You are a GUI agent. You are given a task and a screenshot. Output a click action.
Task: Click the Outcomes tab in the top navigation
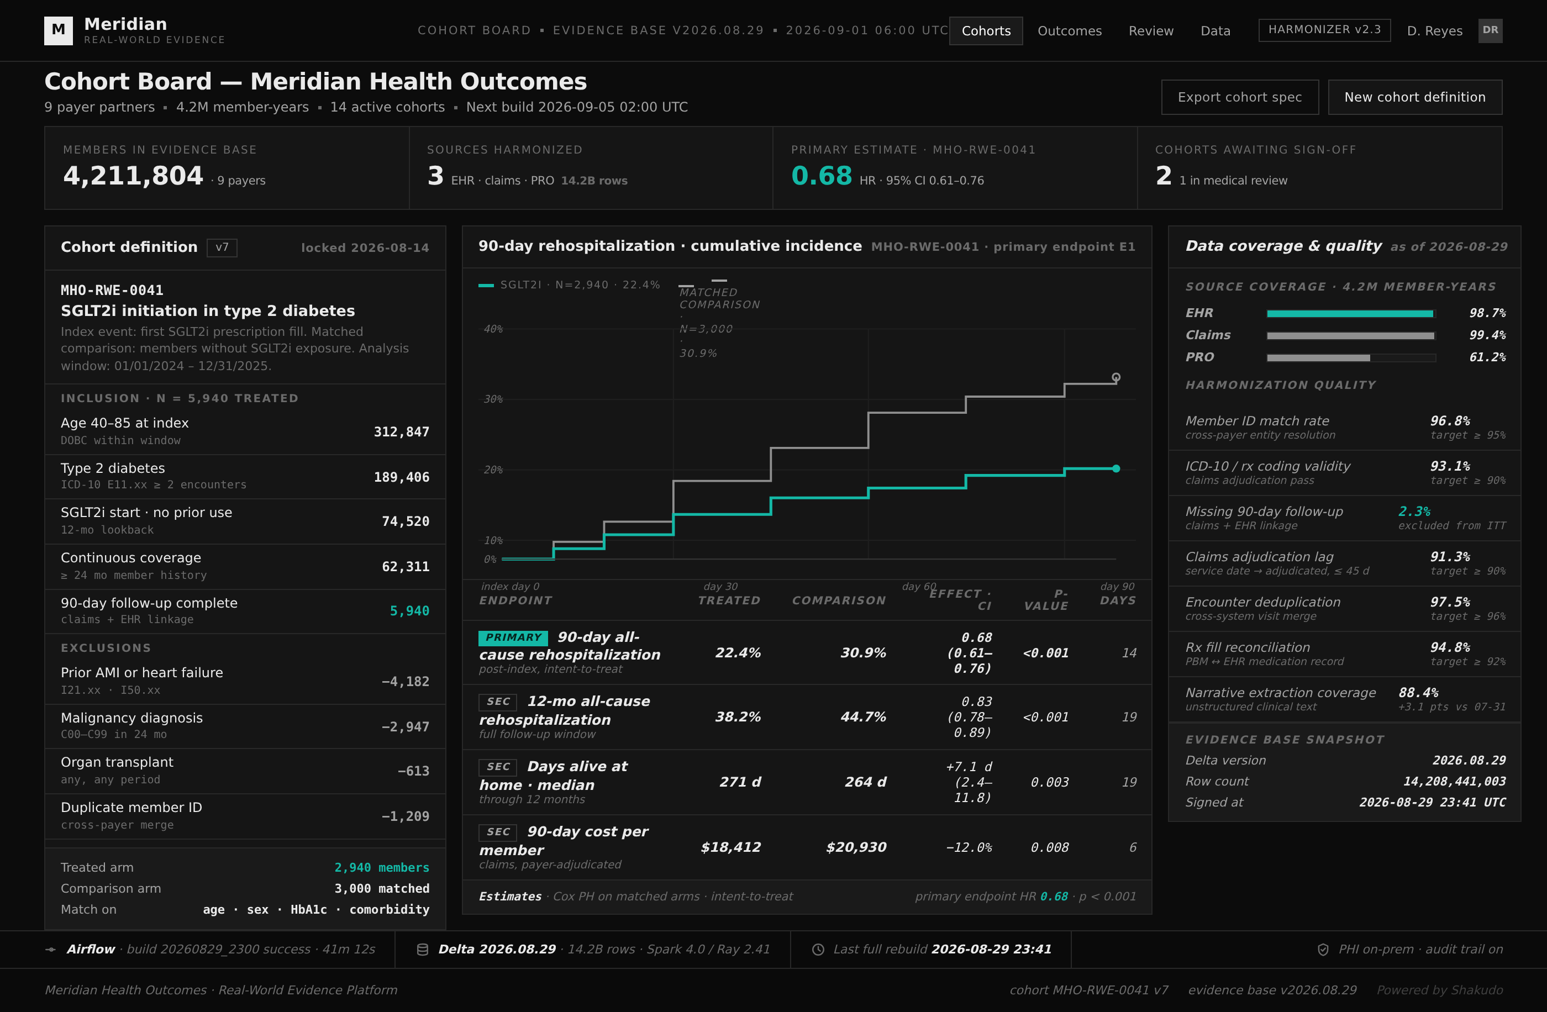click(1069, 30)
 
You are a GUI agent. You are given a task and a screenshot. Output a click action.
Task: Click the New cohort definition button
click(1415, 97)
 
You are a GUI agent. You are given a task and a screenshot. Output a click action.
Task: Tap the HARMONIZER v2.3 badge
click(1324, 30)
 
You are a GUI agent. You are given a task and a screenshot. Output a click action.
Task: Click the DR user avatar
click(1491, 30)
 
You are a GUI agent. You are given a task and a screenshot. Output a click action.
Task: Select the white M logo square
click(59, 30)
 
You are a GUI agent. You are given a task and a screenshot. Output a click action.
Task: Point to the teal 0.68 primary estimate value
click(822, 176)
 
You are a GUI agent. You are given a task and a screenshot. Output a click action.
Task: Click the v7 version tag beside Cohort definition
click(222, 247)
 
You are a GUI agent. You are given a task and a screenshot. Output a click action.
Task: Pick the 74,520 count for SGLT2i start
click(406, 521)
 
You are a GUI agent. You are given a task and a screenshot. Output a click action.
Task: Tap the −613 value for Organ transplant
click(413, 771)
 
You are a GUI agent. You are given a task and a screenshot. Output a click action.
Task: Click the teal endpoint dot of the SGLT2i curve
click(1116, 468)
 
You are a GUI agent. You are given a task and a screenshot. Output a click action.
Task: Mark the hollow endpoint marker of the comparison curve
click(1116, 377)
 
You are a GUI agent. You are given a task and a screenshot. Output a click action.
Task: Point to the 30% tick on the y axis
click(493, 399)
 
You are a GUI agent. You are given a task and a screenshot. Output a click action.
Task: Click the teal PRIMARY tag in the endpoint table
click(513, 637)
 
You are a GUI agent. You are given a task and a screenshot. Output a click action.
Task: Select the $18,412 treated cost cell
click(730, 847)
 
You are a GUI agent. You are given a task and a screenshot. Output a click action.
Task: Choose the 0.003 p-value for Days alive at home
click(1049, 782)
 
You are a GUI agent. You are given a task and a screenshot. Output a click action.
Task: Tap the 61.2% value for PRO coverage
click(1487, 357)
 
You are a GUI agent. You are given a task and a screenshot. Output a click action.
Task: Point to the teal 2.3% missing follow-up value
click(1414, 512)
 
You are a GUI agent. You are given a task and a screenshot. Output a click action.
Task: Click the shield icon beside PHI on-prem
click(1323, 950)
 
